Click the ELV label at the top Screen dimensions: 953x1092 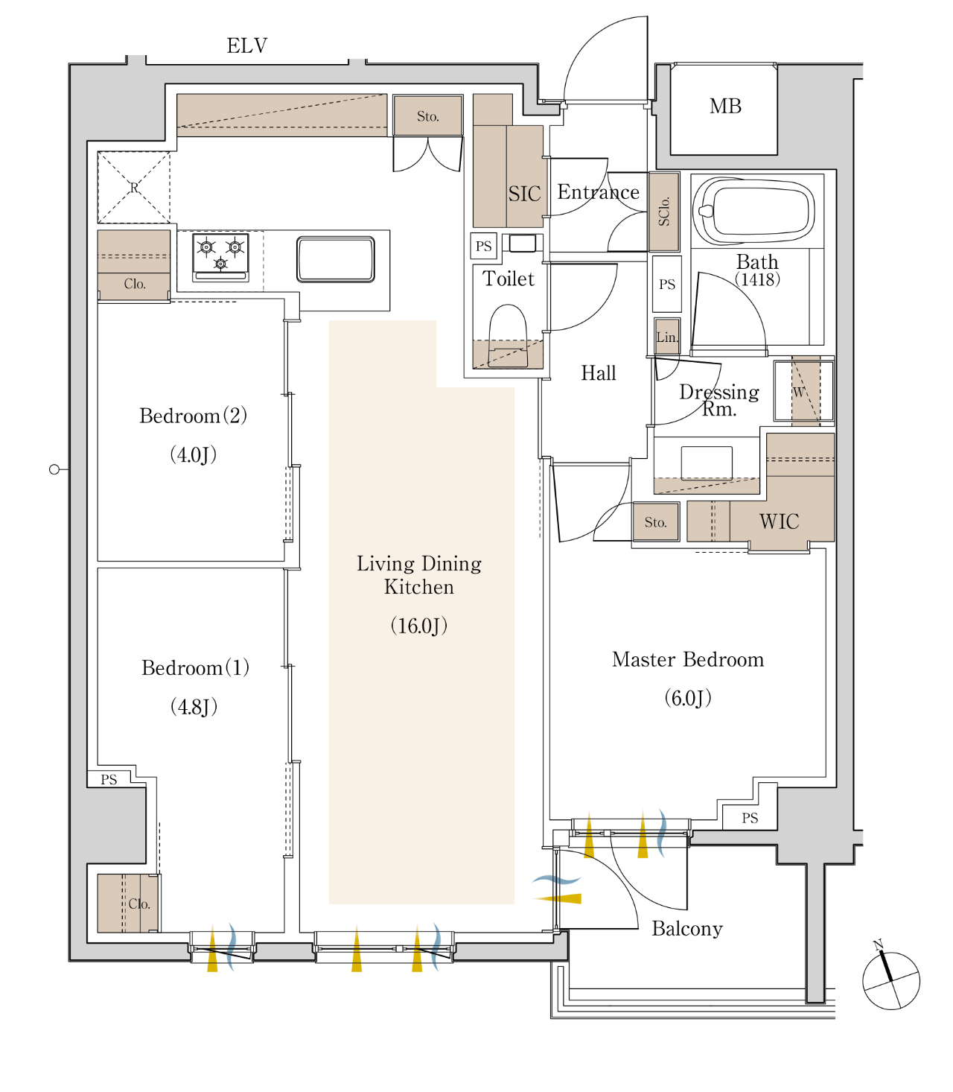click(x=247, y=46)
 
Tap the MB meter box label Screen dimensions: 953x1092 click(x=725, y=107)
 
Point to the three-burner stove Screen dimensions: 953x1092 click(x=220, y=257)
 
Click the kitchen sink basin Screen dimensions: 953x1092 click(x=336, y=259)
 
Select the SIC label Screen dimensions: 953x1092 click(x=524, y=194)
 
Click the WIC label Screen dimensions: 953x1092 click(x=779, y=521)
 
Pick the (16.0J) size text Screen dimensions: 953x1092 click(x=418, y=626)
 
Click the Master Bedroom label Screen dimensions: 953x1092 click(x=687, y=660)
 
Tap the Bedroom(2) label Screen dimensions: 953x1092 click(x=193, y=415)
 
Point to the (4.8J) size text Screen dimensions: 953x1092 click(x=194, y=707)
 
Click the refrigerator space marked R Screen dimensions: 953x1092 click(x=134, y=187)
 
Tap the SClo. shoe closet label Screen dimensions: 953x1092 click(x=664, y=212)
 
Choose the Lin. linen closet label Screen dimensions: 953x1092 click(x=666, y=337)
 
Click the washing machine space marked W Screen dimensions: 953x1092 click(x=804, y=392)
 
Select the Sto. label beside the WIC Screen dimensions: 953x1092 click(x=655, y=522)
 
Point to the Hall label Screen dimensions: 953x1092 click(x=599, y=373)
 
